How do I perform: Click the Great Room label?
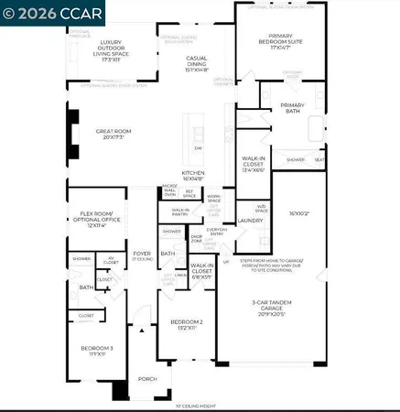coord(114,135)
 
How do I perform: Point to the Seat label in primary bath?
coord(319,159)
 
